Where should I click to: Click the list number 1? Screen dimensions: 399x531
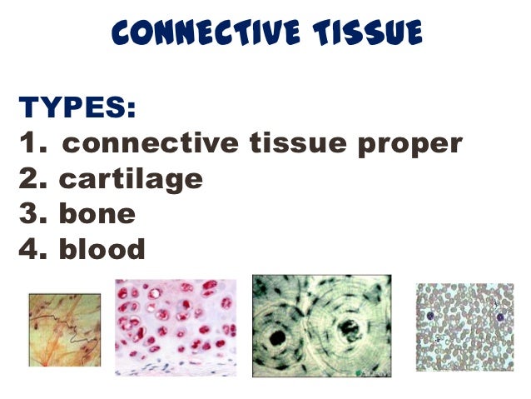30,143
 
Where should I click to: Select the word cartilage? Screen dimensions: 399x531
131,179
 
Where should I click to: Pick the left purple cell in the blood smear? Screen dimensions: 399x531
430,317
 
